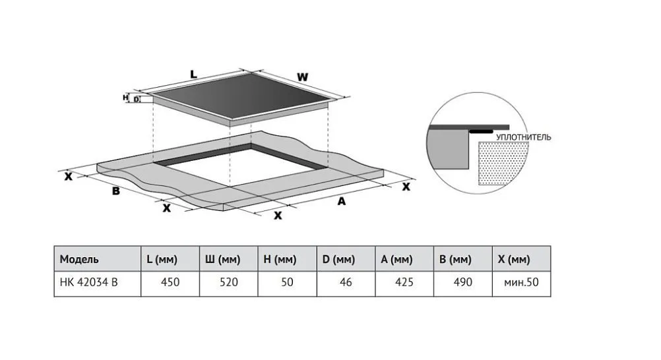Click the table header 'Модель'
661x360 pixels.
click(x=80, y=259)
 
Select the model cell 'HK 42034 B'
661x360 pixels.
click(x=90, y=282)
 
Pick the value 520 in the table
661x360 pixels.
click(x=228, y=282)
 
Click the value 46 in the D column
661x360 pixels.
click(x=346, y=282)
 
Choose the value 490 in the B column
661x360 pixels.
click(x=462, y=282)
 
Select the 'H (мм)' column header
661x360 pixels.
click(x=280, y=259)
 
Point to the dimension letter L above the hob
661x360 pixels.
click(x=193, y=75)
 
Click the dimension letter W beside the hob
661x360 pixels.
click(x=302, y=77)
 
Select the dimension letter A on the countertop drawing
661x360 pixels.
click(x=341, y=202)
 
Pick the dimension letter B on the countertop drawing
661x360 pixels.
click(x=115, y=191)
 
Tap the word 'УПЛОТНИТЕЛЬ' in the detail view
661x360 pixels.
click(x=524, y=138)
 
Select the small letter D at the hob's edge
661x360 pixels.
click(x=137, y=100)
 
